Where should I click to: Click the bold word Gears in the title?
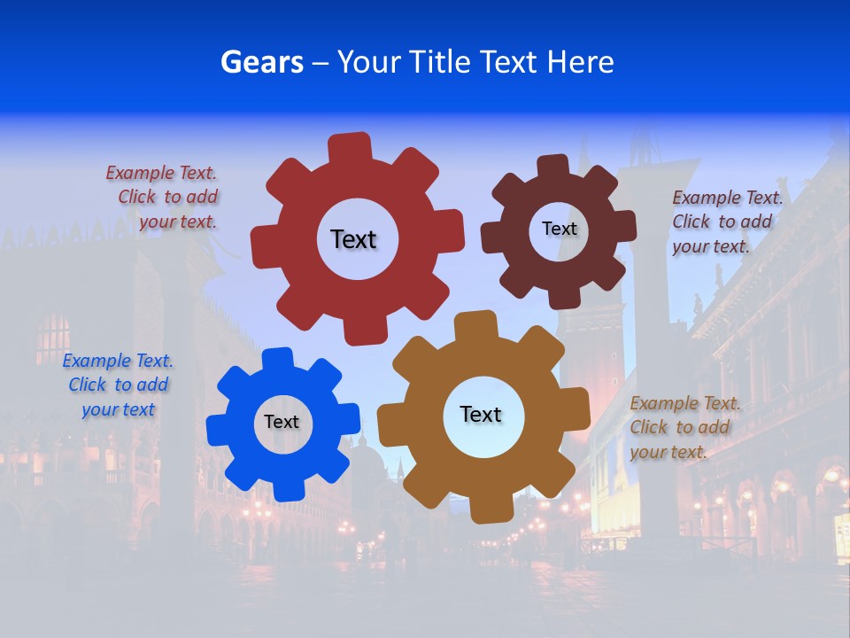[x=262, y=63]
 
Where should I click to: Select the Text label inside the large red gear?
[x=353, y=239]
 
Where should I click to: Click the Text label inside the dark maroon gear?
[x=559, y=229]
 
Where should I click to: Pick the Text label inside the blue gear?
[x=282, y=422]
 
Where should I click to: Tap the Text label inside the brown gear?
[x=481, y=414]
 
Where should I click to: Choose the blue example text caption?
[x=118, y=385]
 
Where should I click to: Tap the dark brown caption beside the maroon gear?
[x=726, y=222]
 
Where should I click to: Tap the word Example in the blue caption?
[x=97, y=361]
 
